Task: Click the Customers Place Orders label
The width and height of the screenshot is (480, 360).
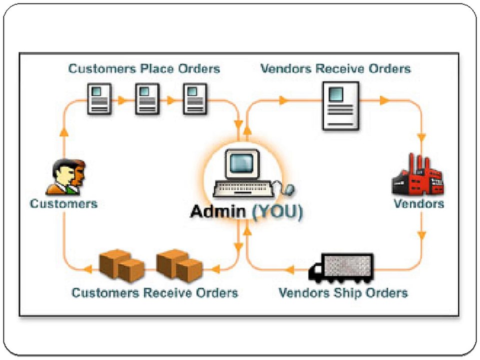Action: point(144,68)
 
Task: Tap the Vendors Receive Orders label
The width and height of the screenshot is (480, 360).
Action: point(335,68)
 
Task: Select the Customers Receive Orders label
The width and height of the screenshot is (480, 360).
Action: point(154,292)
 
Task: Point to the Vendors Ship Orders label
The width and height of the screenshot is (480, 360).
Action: point(343,292)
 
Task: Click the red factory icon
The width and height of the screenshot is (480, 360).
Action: point(417,175)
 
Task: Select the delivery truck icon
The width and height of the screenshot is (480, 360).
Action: point(341,266)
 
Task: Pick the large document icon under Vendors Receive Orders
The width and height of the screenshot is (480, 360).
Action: point(340,105)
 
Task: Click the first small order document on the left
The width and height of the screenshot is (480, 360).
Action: point(99,99)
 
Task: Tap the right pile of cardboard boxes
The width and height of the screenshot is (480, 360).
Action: point(179,265)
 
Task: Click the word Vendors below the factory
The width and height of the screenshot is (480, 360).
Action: point(418,204)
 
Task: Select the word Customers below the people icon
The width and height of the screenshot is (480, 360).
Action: point(63,204)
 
